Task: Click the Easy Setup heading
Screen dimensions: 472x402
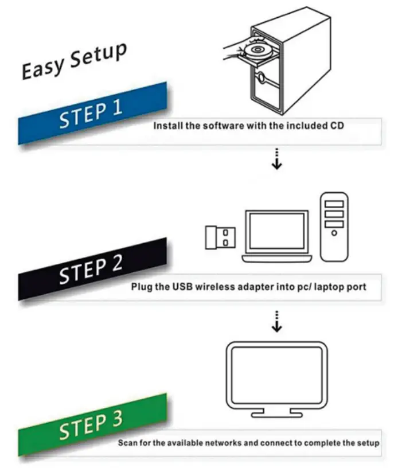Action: pyautogui.click(x=73, y=61)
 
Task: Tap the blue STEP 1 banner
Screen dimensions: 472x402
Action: pyautogui.click(x=92, y=112)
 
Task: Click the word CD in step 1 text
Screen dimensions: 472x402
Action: pyautogui.click(x=337, y=126)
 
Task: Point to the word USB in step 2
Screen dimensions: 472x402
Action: pyautogui.click(x=181, y=286)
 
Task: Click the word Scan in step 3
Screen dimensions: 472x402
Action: pyautogui.click(x=127, y=443)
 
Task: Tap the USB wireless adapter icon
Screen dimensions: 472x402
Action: pyautogui.click(x=220, y=237)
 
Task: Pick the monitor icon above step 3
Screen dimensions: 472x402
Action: pyautogui.click(x=276, y=376)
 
